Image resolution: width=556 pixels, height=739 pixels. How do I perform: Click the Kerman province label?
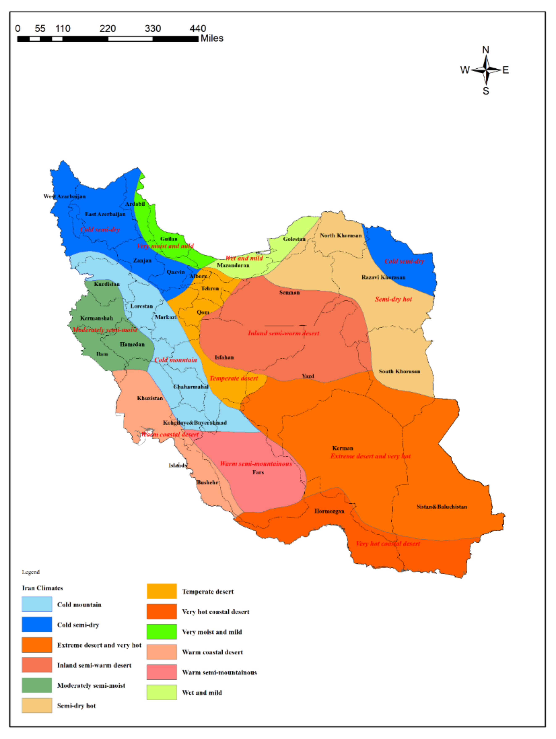click(x=342, y=448)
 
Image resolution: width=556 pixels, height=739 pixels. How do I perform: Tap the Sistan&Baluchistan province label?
click(x=442, y=506)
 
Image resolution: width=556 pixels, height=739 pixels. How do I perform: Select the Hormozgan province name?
click(x=329, y=511)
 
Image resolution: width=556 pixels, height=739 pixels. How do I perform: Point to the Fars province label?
click(x=258, y=472)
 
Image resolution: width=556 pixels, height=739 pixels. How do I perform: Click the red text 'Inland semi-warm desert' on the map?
click(x=283, y=333)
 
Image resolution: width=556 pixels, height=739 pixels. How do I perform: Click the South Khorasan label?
click(x=399, y=371)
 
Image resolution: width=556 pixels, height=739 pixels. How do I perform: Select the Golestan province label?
click(x=294, y=239)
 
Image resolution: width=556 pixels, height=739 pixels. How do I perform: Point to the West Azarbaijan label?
click(x=64, y=196)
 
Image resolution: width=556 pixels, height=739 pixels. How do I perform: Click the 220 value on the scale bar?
click(x=108, y=28)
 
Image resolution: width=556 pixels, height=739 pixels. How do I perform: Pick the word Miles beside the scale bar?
click(x=212, y=38)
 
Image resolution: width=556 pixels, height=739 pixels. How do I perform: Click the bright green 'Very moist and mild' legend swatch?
click(x=162, y=632)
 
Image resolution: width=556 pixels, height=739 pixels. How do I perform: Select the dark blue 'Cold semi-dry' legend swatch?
click(x=37, y=624)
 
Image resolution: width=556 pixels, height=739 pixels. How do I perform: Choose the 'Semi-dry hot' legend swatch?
click(x=37, y=705)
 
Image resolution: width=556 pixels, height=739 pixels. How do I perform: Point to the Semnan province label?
click(x=289, y=292)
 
